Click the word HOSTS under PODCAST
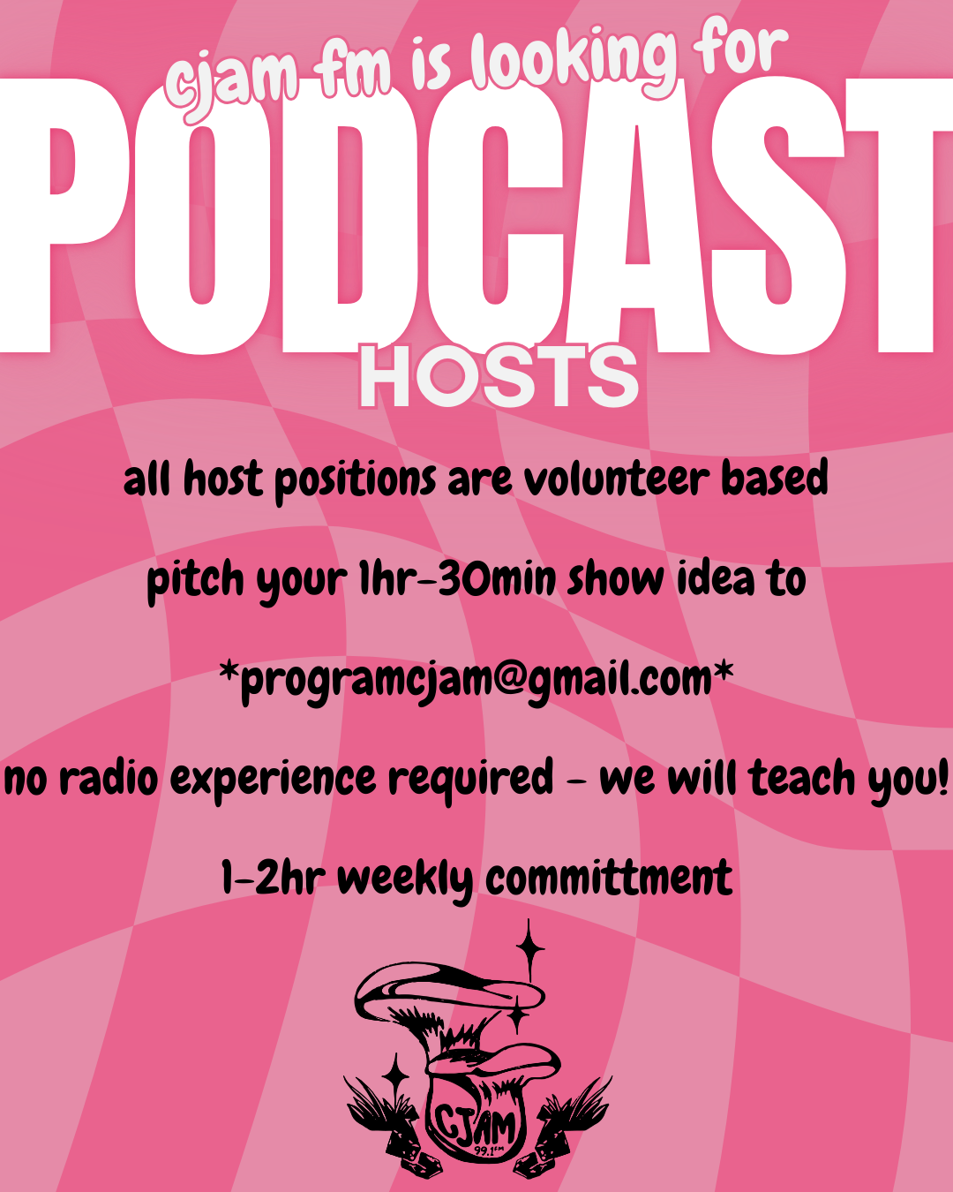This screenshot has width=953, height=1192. click(x=499, y=376)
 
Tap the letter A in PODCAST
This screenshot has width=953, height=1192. click(x=637, y=216)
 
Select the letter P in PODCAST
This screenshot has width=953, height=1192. click(x=64, y=216)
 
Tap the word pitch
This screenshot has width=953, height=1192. click(x=195, y=580)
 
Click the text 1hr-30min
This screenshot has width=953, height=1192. click(x=457, y=579)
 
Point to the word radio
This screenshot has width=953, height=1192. click(x=109, y=777)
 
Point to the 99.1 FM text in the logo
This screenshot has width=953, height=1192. click(x=490, y=1151)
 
